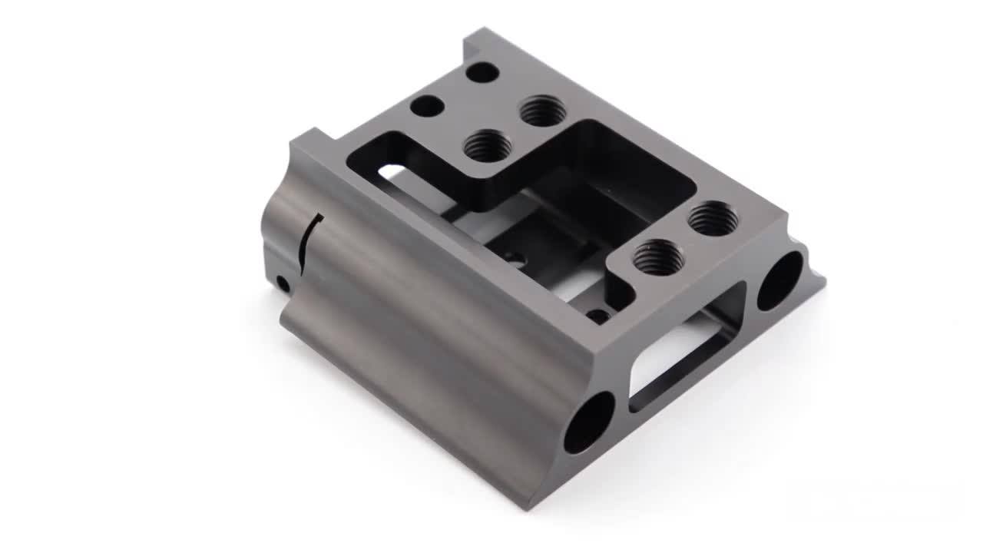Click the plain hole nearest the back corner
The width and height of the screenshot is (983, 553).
click(482, 72)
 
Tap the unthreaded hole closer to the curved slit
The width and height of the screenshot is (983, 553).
click(426, 106)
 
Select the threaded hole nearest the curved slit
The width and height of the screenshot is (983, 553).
click(488, 145)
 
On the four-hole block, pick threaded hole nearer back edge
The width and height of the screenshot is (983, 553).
click(543, 111)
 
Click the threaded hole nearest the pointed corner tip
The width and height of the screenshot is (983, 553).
click(713, 219)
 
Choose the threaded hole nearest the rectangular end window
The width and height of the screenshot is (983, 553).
click(658, 257)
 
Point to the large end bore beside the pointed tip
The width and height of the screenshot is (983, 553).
click(780, 280)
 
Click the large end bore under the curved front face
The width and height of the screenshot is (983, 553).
click(589, 422)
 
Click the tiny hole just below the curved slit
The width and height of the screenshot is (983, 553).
click(283, 284)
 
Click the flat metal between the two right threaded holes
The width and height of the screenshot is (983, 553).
click(686, 238)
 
